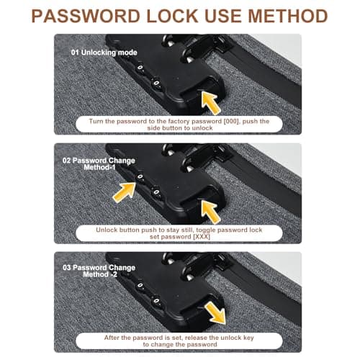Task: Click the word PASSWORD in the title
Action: [86, 16]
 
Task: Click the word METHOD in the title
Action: [287, 16]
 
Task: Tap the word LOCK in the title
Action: [172, 16]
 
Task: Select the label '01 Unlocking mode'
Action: [104, 53]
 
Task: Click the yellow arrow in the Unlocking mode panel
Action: [210, 103]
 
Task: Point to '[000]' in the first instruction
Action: [231, 121]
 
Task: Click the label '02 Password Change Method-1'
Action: [99, 164]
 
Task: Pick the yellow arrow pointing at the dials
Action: [125, 192]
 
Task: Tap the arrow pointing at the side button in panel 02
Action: [210, 212]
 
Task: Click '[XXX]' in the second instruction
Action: [202, 237]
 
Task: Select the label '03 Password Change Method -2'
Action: [99, 271]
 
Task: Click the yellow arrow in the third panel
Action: [215, 312]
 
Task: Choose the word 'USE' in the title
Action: [223, 16]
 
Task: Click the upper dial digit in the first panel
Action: [140, 68]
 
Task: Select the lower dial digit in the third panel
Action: [156, 301]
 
